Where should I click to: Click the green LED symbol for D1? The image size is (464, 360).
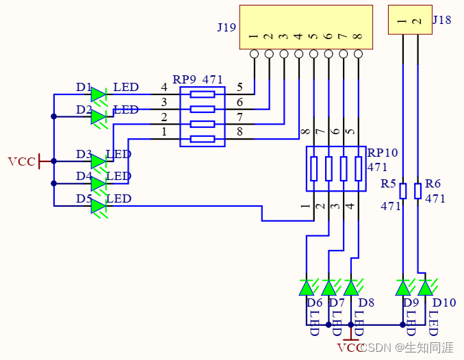point(99,94)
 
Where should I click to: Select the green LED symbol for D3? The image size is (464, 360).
point(99,162)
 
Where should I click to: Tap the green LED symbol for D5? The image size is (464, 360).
point(99,206)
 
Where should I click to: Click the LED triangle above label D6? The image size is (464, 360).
point(307,287)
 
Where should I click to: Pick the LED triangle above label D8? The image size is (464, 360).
point(351,287)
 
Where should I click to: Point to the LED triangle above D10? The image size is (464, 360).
point(425,287)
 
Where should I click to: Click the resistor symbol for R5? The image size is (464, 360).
point(403,190)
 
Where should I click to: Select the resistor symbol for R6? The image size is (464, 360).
point(418,190)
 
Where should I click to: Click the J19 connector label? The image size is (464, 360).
point(227,28)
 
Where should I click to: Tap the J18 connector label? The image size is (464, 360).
point(442,20)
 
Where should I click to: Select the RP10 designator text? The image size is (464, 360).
point(383,153)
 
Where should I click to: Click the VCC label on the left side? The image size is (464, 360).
point(21,162)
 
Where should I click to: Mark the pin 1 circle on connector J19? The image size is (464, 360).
point(254,53)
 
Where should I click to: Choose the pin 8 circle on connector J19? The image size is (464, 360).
point(357,53)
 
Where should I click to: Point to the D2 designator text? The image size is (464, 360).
point(84,110)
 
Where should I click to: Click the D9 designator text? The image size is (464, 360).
point(411,303)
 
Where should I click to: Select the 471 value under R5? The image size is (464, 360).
point(391,205)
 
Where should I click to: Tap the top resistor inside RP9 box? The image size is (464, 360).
point(202,94)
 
